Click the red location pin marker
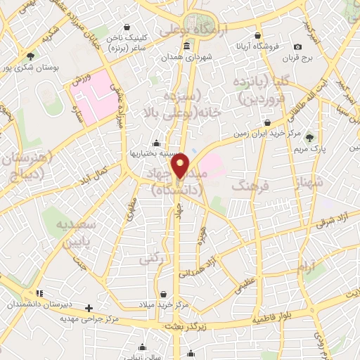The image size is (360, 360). (x=181, y=165)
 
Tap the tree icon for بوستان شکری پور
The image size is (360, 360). (x=30, y=56)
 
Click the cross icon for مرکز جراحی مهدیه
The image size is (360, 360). (x=89, y=308)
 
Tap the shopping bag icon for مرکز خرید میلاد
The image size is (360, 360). (x=164, y=295)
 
